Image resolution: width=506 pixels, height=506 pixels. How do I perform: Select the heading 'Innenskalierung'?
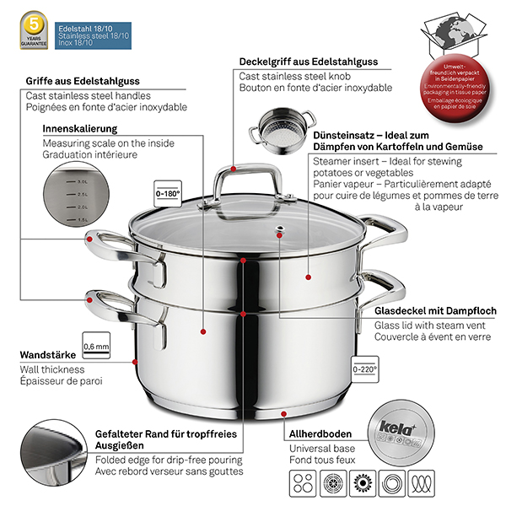coord(79,129)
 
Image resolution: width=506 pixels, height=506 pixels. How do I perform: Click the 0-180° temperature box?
coord(170,192)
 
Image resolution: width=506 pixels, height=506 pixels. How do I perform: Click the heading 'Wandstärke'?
coord(46,356)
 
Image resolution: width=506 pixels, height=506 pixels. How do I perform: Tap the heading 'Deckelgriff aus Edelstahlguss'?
coord(309,62)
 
